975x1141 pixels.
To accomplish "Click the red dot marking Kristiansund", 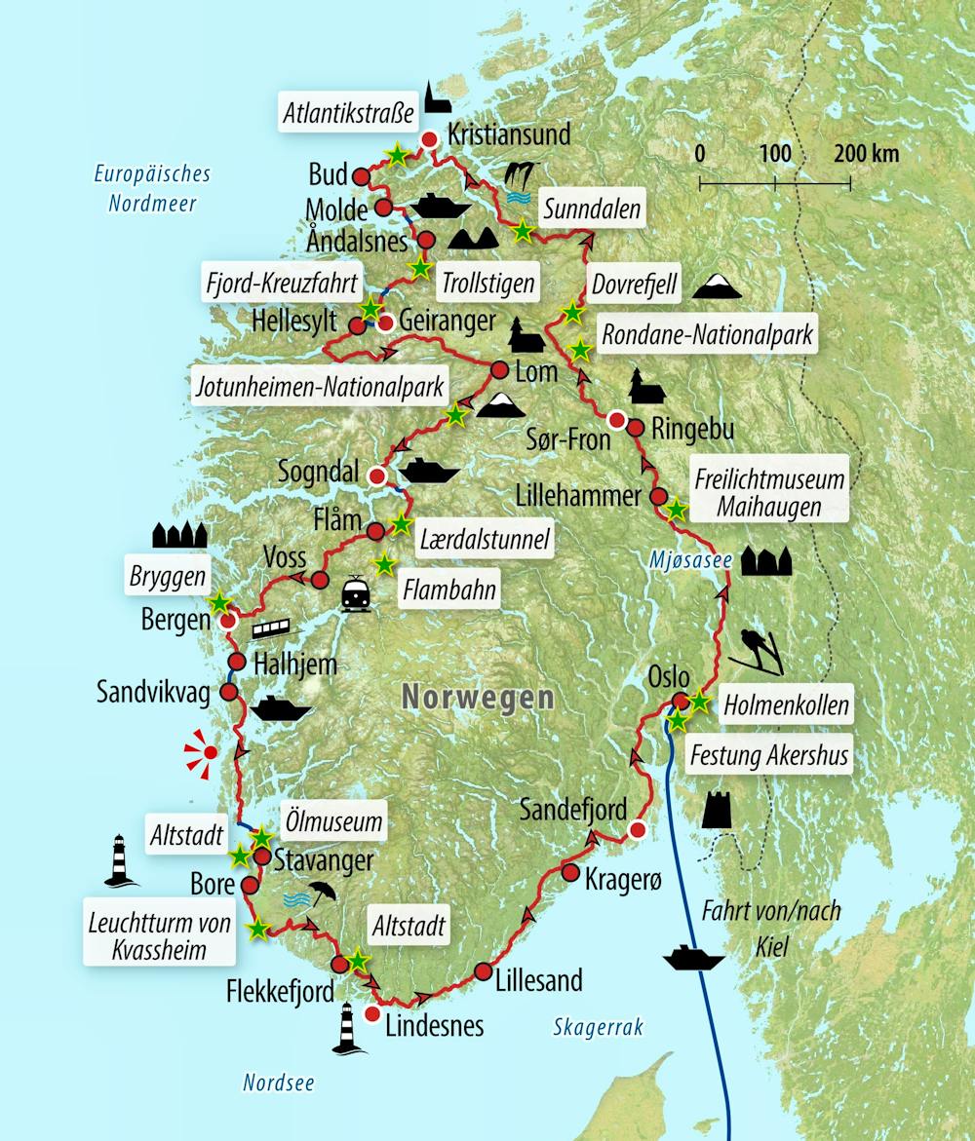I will [427, 140].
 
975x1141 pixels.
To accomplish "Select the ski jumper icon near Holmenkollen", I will [760, 651].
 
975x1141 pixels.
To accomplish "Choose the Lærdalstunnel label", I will [484, 538].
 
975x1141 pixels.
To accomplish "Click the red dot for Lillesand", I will [485, 970].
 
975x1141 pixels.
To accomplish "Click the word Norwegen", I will [478, 697].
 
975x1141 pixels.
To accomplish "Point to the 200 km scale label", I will [866, 154].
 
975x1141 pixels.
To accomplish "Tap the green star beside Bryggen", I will [219, 603].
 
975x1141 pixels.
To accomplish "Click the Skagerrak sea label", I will [598, 1026].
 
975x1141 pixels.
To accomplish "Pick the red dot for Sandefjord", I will [636, 830].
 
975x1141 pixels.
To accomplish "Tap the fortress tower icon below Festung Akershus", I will [717, 810].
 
